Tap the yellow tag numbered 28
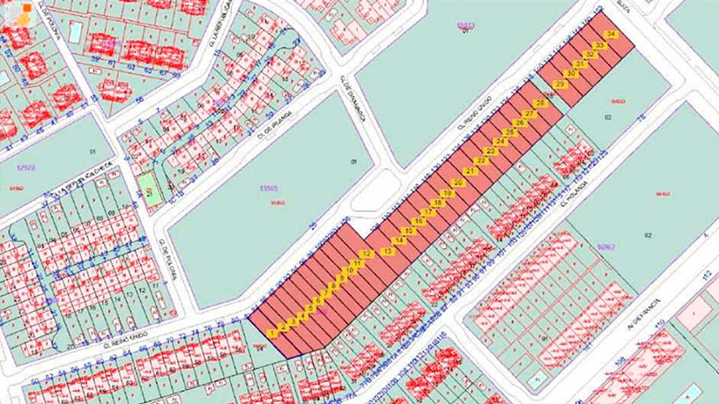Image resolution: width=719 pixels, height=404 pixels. (541, 104)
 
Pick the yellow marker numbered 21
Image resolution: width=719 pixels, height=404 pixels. (471, 171)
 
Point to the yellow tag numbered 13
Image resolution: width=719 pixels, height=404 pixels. (389, 252)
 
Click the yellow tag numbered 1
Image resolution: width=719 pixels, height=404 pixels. (273, 334)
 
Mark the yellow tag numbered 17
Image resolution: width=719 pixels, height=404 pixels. (428, 212)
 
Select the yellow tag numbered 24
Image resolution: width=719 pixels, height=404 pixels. (500, 142)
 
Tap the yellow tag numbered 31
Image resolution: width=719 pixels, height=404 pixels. (581, 64)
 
